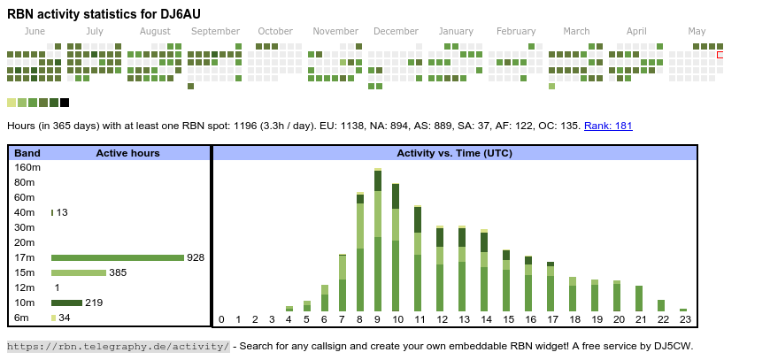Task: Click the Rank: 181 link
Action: [608, 126]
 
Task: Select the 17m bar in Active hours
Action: [117, 257]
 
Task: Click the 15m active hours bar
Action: [78, 272]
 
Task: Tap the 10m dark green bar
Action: [66, 303]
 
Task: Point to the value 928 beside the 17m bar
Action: [196, 257]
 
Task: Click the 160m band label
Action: [27, 167]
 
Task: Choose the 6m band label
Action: [22, 318]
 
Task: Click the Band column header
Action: [27, 153]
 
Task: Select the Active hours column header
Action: [127, 153]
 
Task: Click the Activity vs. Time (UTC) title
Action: [454, 153]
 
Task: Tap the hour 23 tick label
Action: [684, 319]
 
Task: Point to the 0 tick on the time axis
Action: [221, 319]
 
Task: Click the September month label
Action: [215, 31]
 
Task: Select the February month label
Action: [516, 31]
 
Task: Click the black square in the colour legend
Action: [65, 103]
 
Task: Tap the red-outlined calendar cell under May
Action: [720, 55]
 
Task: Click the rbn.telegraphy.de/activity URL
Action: [118, 346]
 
